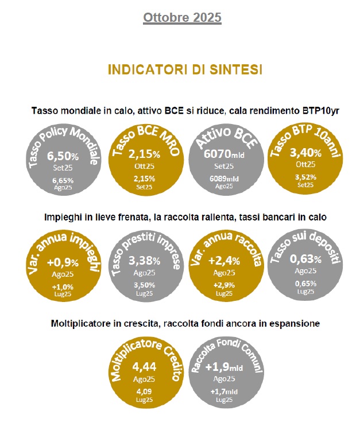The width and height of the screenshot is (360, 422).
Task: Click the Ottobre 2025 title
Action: pos(182,17)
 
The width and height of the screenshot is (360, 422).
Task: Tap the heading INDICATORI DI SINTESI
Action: pos(185,69)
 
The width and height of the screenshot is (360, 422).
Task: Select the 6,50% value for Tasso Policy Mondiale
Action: pos(62,156)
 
